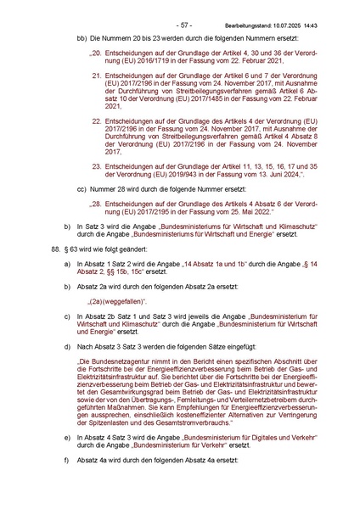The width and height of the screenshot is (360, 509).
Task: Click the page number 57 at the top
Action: click(x=181, y=14)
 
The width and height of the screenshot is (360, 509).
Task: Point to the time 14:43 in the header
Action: click(x=326, y=14)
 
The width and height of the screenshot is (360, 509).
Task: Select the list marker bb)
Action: click(x=82, y=40)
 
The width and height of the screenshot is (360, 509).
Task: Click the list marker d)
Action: click(x=67, y=348)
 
